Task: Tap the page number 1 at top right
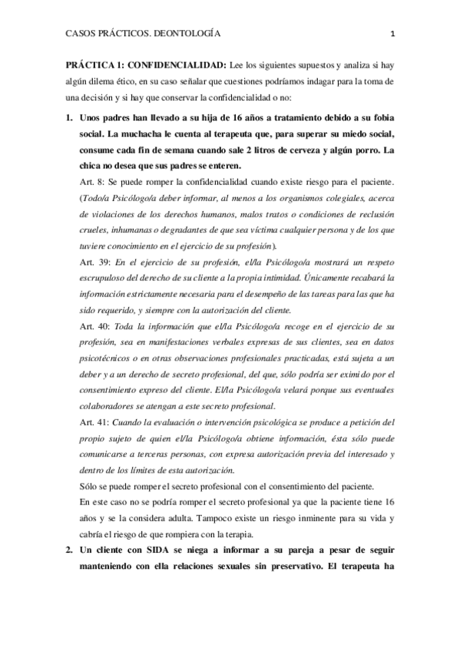(392, 35)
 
